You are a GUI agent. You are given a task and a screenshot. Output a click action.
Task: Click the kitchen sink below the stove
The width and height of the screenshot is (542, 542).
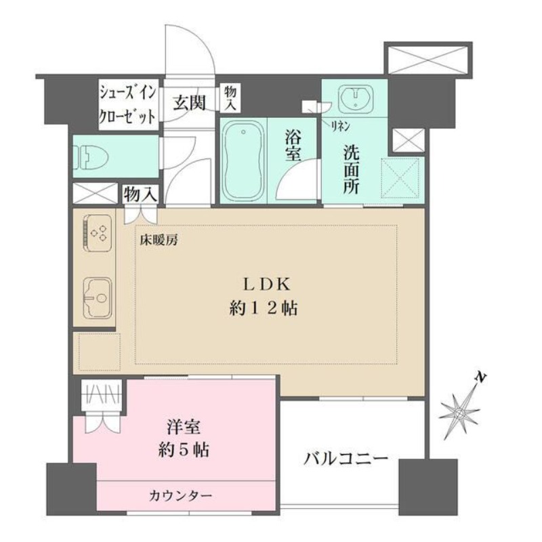(x=95, y=296)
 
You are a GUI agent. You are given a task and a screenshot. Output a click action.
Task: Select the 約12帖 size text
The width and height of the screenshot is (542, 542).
(x=262, y=309)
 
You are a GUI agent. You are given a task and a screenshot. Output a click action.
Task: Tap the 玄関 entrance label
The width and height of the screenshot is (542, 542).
(x=188, y=102)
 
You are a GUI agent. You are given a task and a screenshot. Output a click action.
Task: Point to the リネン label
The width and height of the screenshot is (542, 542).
(x=339, y=125)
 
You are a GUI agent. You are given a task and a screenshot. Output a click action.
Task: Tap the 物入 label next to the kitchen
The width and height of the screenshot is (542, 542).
(x=140, y=194)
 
